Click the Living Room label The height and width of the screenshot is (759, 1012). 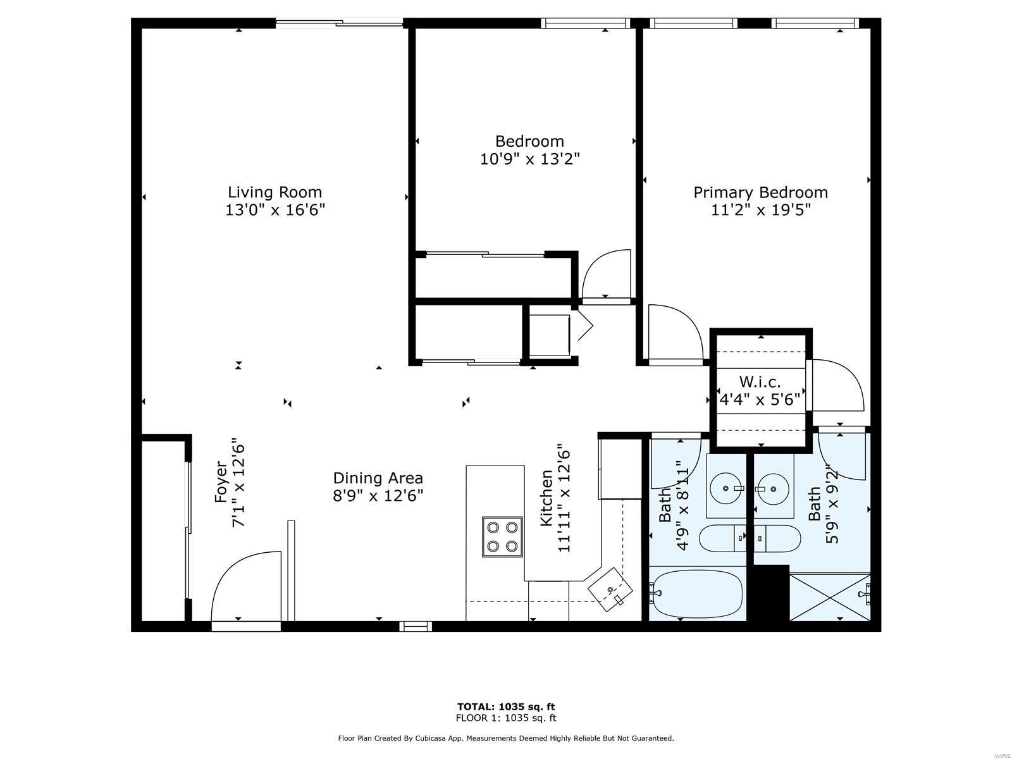coord(275,192)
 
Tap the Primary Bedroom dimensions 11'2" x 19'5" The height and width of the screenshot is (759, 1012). coord(760,210)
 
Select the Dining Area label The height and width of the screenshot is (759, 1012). coord(378,478)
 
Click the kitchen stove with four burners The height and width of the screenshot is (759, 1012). coord(502,536)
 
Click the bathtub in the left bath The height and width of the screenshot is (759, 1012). coord(696,593)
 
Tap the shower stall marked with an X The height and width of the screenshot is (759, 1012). coord(829,596)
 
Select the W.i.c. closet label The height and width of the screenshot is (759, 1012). coord(760,381)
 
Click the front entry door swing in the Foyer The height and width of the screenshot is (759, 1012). coord(246,586)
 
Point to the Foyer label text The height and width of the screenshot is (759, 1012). coord(221,482)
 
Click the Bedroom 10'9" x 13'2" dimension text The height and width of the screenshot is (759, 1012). coord(529,159)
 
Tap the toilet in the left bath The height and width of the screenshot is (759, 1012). coord(722,538)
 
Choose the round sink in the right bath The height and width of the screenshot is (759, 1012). coord(773,488)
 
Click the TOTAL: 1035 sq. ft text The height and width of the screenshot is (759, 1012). coord(506,707)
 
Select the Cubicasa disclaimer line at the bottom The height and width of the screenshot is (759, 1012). coord(506,738)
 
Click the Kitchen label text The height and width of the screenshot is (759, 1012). coord(546,498)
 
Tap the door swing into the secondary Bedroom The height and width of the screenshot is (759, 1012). coord(607,275)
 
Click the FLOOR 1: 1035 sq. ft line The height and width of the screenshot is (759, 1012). coord(506,717)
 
